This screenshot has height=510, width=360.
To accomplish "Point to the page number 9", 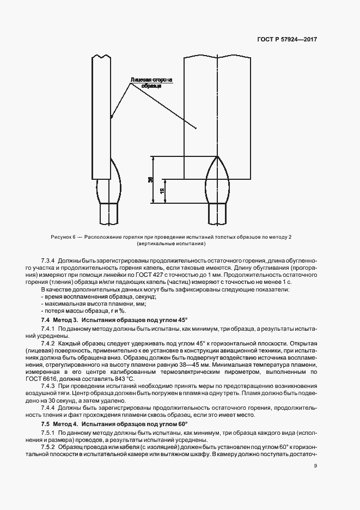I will (x=315, y=465).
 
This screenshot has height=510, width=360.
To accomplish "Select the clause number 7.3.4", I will (x=49, y=260).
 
